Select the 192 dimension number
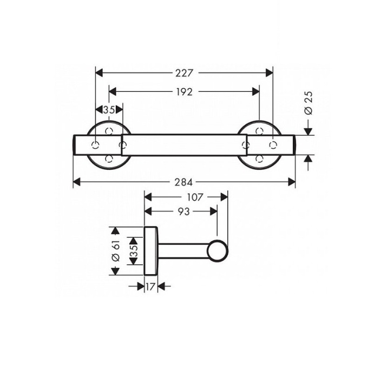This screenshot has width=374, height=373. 185,92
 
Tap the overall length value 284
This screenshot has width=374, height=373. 185,181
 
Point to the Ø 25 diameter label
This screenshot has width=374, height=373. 310,102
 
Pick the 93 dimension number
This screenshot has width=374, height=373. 183,212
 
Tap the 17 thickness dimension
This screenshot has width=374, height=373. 151,287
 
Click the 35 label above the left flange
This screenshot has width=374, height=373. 109,110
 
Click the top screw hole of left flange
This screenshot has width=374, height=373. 109,131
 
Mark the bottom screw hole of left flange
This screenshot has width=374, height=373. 109,158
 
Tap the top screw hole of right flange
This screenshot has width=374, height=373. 260,131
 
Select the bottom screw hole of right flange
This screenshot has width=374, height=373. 260,158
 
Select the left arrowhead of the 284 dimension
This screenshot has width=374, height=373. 76,181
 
